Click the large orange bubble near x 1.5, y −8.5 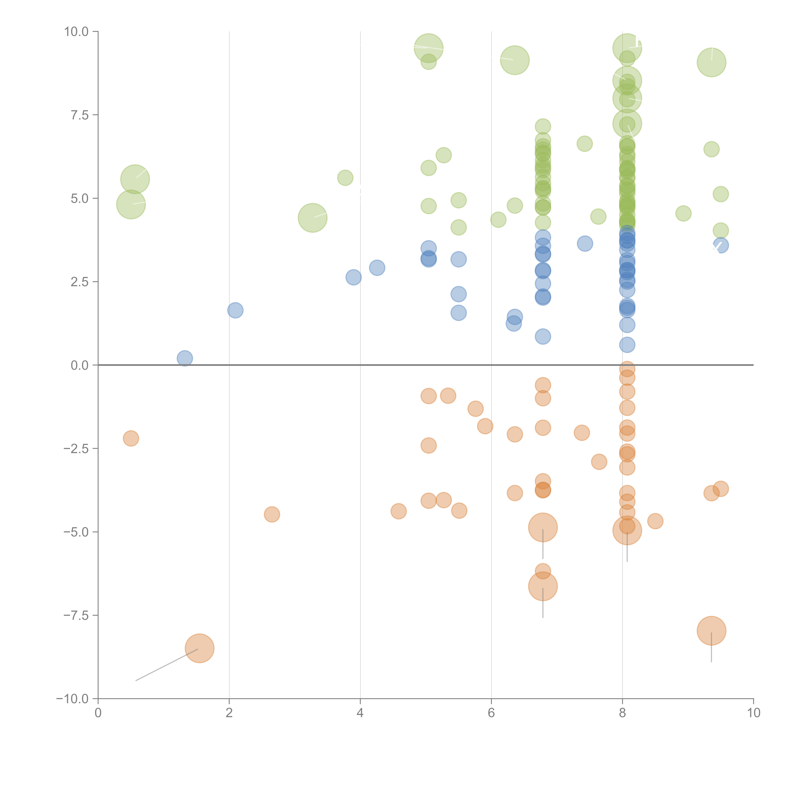coord(200,648)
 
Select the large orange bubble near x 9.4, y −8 coord(711,631)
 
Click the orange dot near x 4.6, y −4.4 coord(399,511)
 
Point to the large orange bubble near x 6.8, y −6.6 coord(543,586)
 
